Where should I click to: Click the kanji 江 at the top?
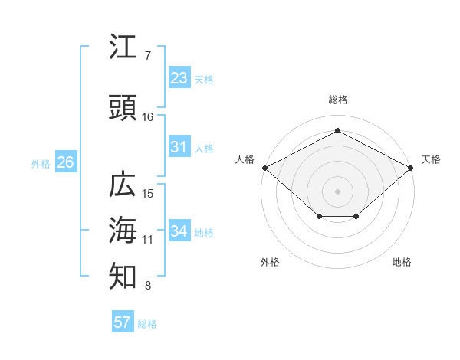[123, 48]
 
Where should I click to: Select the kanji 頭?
[123, 110]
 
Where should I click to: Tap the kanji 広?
[123, 186]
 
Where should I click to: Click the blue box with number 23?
[179, 78]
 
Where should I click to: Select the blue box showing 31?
[179, 147]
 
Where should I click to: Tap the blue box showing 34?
[179, 231]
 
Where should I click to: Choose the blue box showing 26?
[65, 162]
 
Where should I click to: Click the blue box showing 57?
[123, 322]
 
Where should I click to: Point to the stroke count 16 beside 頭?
[148, 117]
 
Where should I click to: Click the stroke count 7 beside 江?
[147, 56]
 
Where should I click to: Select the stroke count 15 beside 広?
[148, 194]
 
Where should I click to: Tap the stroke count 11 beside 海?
[148, 240]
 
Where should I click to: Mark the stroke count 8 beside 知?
[147, 286]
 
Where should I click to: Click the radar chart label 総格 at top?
[337, 100]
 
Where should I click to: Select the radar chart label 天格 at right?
[431, 159]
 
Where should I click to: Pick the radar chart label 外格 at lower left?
[270, 262]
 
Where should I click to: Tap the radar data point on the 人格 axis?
[264, 168]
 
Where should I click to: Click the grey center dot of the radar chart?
[337, 191]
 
